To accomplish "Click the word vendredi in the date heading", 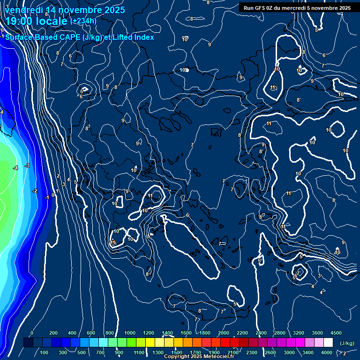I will click(25, 10).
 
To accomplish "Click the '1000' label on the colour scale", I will click(129, 333).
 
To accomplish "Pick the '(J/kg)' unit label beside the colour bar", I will click(346, 343).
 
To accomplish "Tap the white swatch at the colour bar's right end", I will click(328, 343).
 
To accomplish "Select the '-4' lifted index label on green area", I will click(15, 168).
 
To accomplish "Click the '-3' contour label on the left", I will click(27, 165).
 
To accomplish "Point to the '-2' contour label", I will click(34, 191).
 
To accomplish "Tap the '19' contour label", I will click(126, 191).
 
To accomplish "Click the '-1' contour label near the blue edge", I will click(46, 198).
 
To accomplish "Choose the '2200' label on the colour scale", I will click(242, 333).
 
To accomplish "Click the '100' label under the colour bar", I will click(44, 352).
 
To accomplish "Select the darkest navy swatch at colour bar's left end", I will click(28, 343).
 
